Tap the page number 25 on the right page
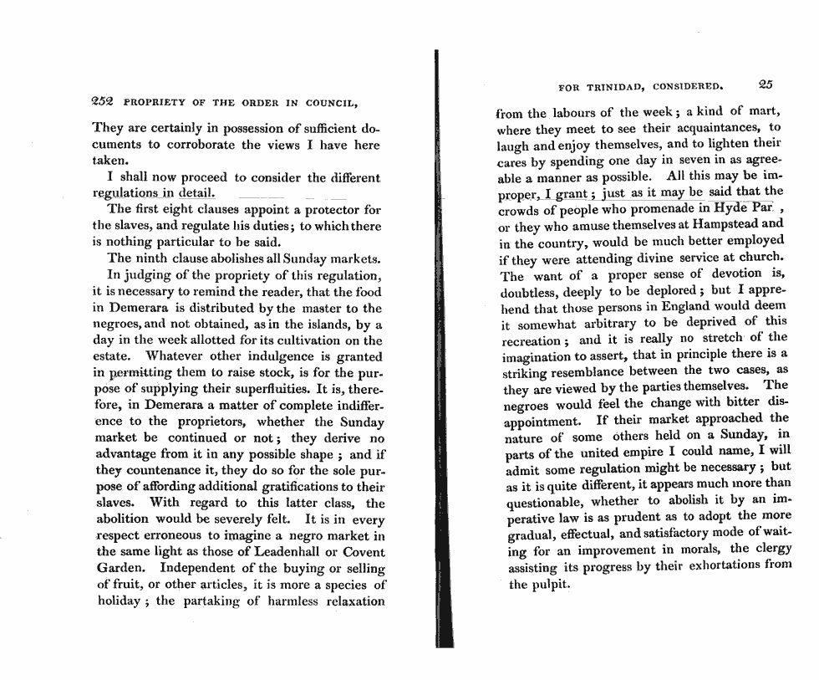click(766, 84)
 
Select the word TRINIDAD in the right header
click(616, 85)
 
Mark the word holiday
click(115, 601)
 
